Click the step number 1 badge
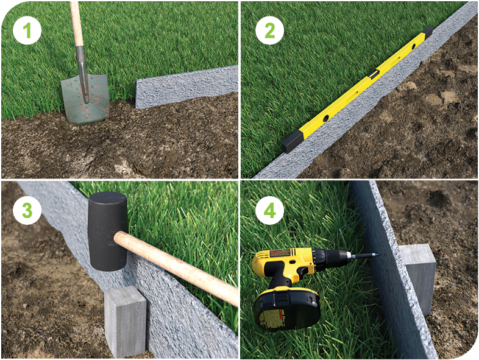coord(27,30)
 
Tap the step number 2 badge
coord(270,30)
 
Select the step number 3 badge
coord(27,210)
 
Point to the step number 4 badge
coord(270,210)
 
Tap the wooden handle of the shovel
coord(76,24)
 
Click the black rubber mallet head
coord(107,231)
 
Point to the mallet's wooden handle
coord(177,267)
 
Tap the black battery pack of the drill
coord(286,309)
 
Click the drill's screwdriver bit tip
coord(378,255)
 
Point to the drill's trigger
coord(303,271)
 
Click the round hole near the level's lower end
coord(327,117)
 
